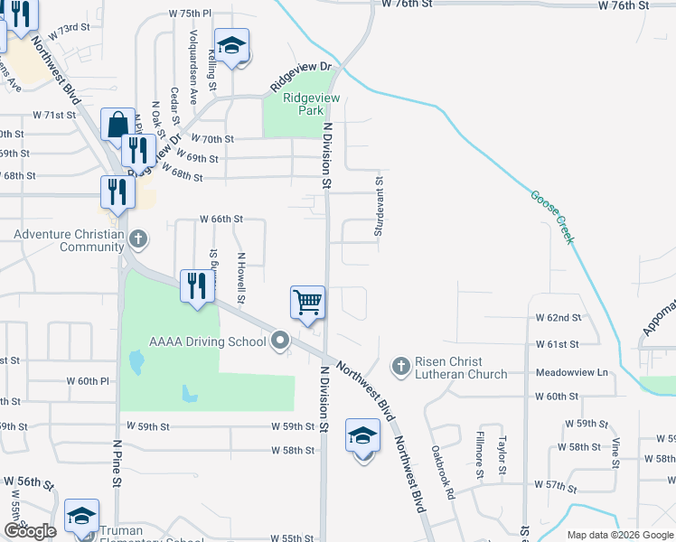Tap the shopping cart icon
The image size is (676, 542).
click(x=307, y=302)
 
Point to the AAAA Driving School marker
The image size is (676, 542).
click(x=280, y=341)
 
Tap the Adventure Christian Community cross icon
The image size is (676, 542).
click(x=137, y=240)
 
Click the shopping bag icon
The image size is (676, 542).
click(x=118, y=124)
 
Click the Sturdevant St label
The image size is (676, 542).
click(x=380, y=208)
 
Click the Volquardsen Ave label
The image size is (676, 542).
click(x=192, y=53)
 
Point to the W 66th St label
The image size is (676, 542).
click(x=221, y=219)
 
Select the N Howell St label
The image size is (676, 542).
click(x=241, y=276)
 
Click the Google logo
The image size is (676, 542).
click(x=30, y=531)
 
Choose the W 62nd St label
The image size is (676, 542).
click(x=557, y=318)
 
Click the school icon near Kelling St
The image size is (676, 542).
click(x=231, y=46)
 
